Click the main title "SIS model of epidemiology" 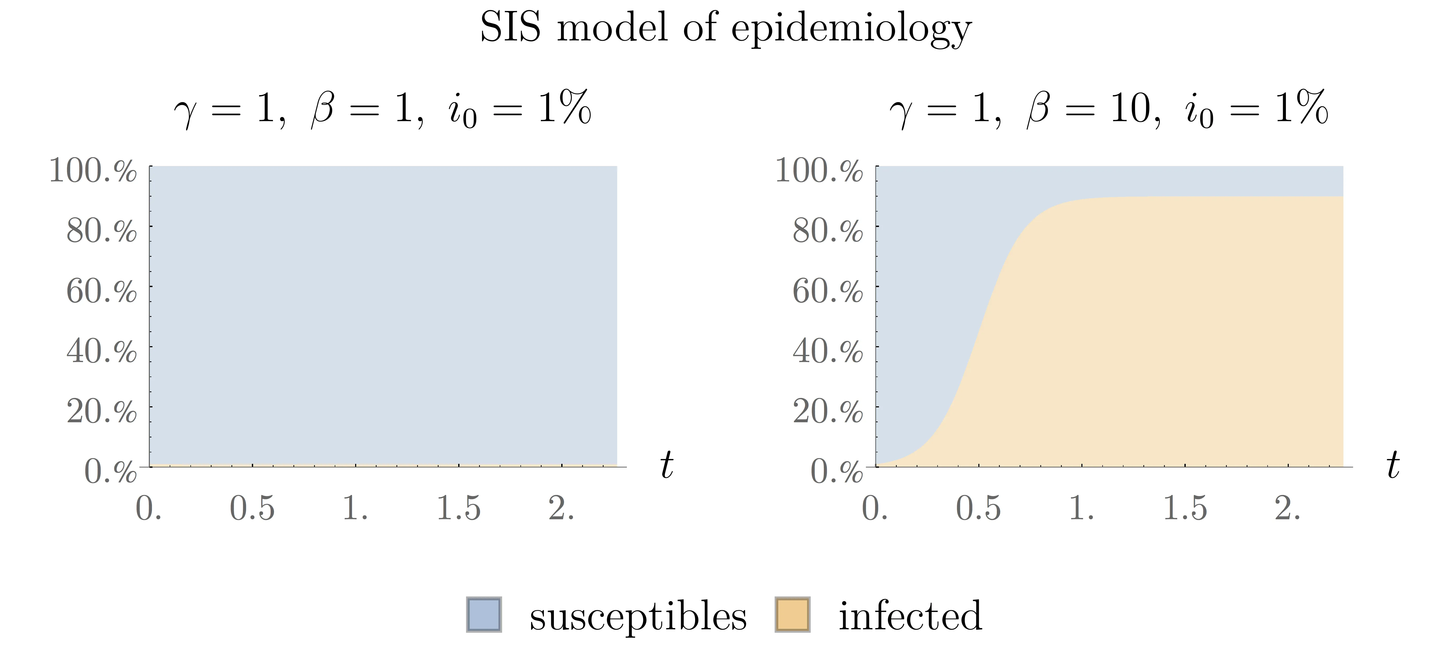pos(726,28)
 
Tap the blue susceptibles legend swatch pos(483,614)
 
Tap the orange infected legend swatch pos(792,614)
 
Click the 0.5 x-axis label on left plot pos(252,508)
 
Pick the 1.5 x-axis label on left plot pos(459,508)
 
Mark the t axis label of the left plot pos(667,466)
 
